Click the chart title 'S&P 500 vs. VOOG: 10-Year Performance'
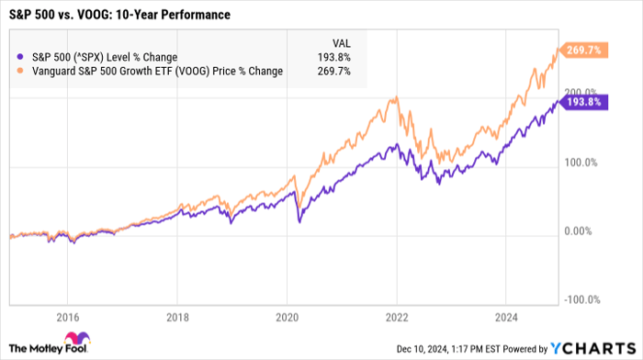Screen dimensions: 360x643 (x=118, y=16)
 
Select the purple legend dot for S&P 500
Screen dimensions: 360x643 (x=22, y=57)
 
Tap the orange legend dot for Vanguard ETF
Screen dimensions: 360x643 (x=22, y=71)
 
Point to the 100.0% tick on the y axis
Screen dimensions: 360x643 (x=581, y=163)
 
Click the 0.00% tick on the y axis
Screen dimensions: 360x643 (x=581, y=231)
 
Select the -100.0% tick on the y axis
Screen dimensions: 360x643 (x=581, y=299)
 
